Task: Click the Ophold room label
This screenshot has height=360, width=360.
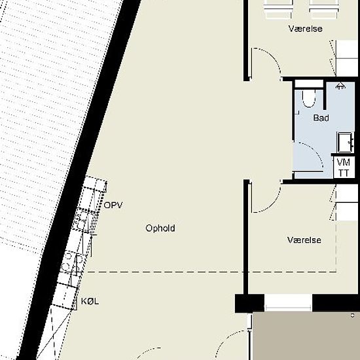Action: pos(160,228)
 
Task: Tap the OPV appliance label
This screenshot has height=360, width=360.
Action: pos(113,205)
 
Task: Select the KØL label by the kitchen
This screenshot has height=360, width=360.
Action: pos(90,301)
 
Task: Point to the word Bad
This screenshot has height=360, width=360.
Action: pos(321,118)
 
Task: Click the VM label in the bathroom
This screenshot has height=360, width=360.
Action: pos(344,162)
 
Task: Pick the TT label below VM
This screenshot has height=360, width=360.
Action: pos(344,173)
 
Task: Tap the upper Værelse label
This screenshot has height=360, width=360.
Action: pos(306,29)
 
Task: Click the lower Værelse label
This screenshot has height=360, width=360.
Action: pos(304,240)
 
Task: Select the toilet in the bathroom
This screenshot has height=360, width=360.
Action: pos(308,99)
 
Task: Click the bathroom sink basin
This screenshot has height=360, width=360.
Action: pos(344,142)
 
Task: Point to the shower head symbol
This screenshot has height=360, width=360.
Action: pos(340,86)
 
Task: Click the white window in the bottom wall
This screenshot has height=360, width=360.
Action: pos(288,303)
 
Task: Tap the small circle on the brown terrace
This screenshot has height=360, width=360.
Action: pos(353,315)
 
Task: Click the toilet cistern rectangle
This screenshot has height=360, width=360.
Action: pos(309,84)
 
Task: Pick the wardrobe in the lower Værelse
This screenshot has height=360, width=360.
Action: pos(347,202)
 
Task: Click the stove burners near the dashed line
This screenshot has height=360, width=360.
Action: pos(73,262)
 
